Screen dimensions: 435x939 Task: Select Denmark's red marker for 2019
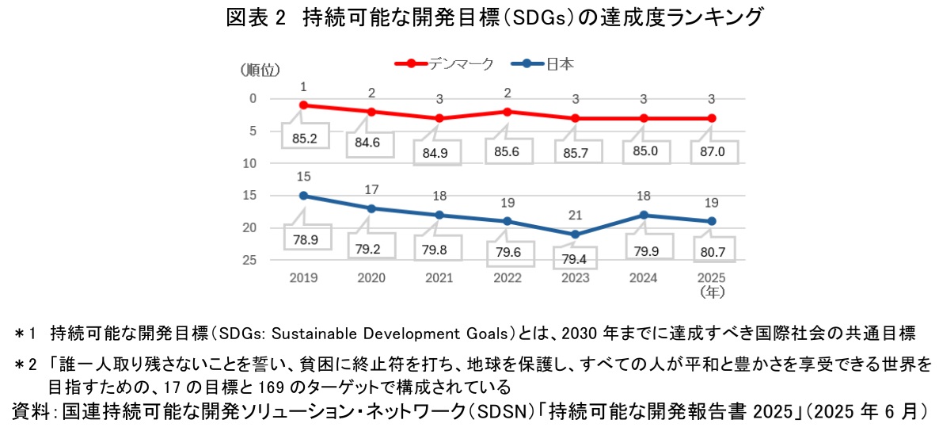tap(303, 105)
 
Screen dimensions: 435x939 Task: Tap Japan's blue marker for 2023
tap(575, 235)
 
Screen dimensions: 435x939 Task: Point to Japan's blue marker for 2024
tap(643, 215)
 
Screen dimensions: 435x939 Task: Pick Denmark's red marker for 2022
tap(507, 112)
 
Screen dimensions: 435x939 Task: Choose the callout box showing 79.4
tap(575, 259)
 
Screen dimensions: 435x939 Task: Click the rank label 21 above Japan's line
tap(575, 215)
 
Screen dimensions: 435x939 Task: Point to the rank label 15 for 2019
tap(303, 177)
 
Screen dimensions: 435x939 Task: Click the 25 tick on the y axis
tap(249, 260)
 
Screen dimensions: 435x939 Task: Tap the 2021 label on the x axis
tap(439, 278)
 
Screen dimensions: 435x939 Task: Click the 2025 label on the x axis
tap(710, 278)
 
